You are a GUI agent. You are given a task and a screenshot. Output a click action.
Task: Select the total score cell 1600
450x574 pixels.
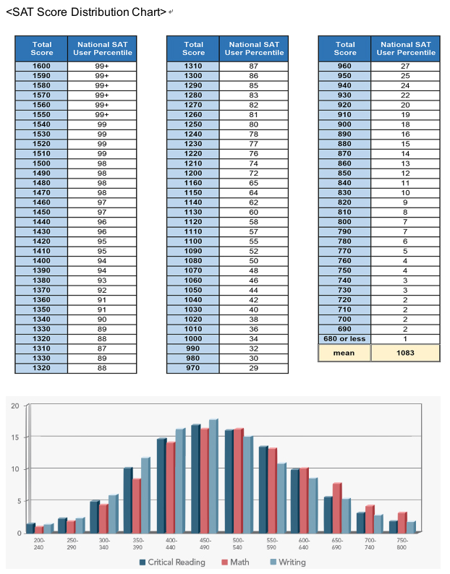pyautogui.click(x=41, y=67)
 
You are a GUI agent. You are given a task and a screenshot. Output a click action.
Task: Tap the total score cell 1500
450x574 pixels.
pyautogui.click(x=41, y=163)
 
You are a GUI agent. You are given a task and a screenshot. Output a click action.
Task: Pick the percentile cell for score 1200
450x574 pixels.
pyautogui.click(x=254, y=174)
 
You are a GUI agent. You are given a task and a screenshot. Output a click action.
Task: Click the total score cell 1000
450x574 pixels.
pyautogui.click(x=193, y=339)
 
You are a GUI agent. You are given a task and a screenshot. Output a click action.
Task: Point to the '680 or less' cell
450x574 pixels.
pyautogui.click(x=344, y=339)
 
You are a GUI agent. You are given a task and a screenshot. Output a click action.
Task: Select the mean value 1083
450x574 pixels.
pyautogui.click(x=405, y=353)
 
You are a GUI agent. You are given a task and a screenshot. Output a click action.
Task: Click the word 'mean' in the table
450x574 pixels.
pyautogui.click(x=344, y=354)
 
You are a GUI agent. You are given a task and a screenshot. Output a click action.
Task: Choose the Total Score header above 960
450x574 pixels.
pyautogui.click(x=345, y=48)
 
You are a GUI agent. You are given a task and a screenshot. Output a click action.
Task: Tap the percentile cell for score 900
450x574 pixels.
pyautogui.click(x=405, y=125)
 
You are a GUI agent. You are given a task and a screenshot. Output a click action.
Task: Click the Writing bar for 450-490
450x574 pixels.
pyautogui.click(x=213, y=476)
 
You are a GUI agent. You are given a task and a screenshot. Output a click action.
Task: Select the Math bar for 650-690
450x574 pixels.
pyautogui.click(x=337, y=507)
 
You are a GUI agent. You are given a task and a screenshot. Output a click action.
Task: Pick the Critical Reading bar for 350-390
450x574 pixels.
pyautogui.click(x=128, y=500)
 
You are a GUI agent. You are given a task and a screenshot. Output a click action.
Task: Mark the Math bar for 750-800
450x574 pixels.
pyautogui.click(x=403, y=523)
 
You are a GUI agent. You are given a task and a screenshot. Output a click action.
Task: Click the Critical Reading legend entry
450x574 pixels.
pyautogui.click(x=172, y=562)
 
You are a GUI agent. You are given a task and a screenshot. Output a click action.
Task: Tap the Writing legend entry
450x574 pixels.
pyautogui.click(x=288, y=562)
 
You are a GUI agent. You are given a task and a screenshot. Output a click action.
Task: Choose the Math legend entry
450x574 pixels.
pyautogui.click(x=235, y=562)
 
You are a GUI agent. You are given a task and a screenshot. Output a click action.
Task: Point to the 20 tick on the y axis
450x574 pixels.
pyautogui.click(x=15, y=406)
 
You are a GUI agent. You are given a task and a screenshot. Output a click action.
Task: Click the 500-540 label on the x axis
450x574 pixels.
pyautogui.click(x=237, y=544)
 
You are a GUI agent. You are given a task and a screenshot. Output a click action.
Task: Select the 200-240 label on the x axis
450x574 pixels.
pyautogui.click(x=39, y=544)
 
